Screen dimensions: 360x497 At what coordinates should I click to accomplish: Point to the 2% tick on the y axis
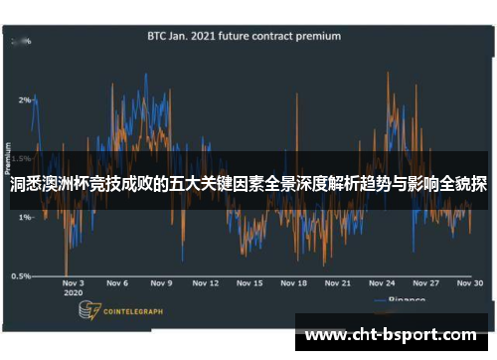[23, 100]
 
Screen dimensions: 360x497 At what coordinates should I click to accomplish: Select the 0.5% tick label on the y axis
[20, 275]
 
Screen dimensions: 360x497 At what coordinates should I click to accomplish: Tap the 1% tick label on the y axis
[23, 217]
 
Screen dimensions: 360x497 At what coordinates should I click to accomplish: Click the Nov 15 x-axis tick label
[249, 283]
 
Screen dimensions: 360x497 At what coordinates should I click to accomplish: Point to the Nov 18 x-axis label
[294, 283]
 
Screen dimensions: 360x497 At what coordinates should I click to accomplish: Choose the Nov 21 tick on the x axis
[340, 283]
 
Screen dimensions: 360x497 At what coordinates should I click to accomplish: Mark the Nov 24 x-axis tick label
[385, 283]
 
